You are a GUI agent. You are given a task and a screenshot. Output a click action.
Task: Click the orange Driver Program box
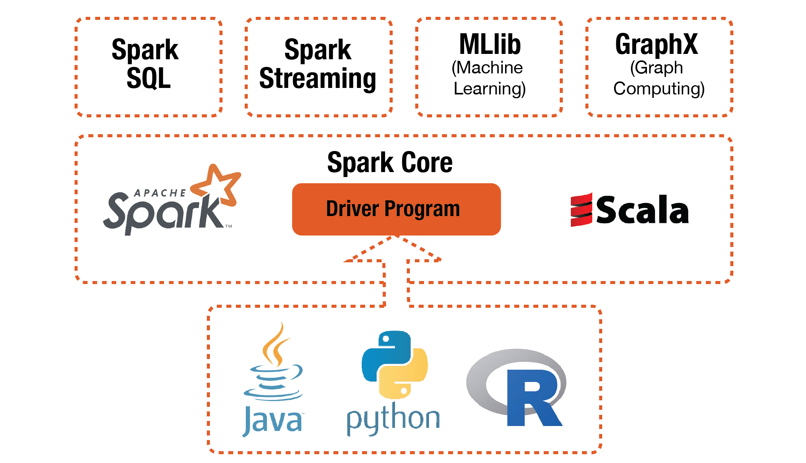[x=396, y=209]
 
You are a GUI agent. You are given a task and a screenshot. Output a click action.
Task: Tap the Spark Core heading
[x=390, y=162]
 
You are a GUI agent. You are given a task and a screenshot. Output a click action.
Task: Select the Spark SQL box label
[x=146, y=64]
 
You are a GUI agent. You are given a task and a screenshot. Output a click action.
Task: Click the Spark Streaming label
[x=317, y=64]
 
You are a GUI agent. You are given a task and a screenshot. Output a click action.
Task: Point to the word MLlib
[x=490, y=44]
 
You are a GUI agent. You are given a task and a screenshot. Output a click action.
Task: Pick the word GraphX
[x=656, y=44]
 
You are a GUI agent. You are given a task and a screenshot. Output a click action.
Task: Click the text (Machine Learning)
[x=489, y=78]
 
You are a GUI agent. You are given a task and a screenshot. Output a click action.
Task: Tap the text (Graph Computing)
[x=658, y=78]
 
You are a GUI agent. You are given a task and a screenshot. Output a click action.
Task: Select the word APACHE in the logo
[x=160, y=193]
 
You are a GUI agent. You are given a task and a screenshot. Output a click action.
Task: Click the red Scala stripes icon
[x=581, y=210]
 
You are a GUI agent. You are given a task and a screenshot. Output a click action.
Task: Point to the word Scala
[x=642, y=210]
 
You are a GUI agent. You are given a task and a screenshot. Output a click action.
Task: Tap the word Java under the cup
[x=273, y=421]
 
